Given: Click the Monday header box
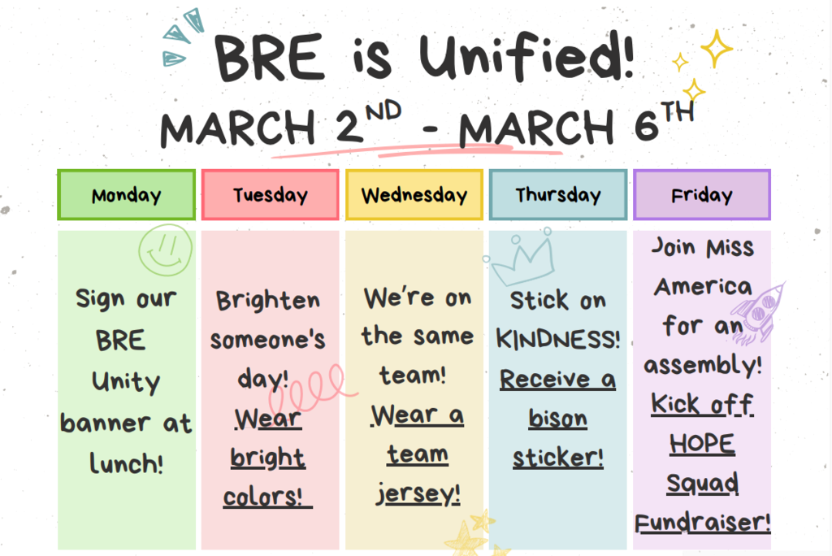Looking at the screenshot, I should (x=126, y=195).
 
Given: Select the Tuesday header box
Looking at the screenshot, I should (x=270, y=195).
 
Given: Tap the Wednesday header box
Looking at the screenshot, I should (x=414, y=195).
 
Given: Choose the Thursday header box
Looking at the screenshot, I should (x=557, y=195).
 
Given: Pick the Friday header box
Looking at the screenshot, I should (x=701, y=195).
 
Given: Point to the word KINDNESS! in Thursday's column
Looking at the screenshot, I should (x=557, y=340).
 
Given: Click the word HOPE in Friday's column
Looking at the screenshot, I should (x=702, y=444).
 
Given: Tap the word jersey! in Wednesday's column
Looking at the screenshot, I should (x=418, y=493).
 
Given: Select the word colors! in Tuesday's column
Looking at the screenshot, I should (x=267, y=496).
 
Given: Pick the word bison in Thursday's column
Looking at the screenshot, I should (x=557, y=419).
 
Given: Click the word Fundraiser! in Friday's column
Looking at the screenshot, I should (x=702, y=522).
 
